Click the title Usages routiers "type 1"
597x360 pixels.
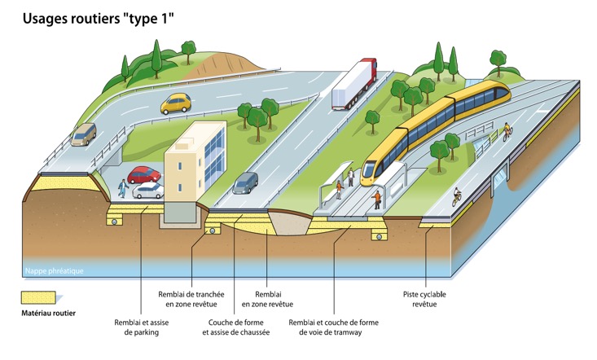tap(99, 16)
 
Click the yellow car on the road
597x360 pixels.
tap(175, 103)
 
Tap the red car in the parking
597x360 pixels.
tap(144, 174)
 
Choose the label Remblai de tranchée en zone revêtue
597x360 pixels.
tap(191, 299)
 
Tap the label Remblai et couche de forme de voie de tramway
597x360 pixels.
tap(334, 327)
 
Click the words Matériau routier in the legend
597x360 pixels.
tap(47, 313)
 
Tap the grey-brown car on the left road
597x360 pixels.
tap(83, 134)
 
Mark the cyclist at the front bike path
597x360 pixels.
tap(457, 196)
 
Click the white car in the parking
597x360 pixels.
tap(148, 191)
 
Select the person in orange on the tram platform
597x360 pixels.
tap(377, 199)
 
